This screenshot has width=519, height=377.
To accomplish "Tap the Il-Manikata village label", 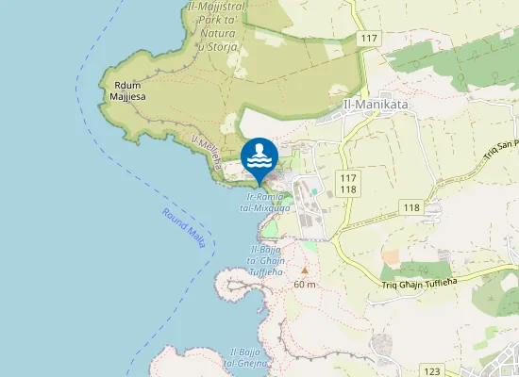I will click(376, 106).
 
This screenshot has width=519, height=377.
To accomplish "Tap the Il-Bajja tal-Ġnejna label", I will click(248, 358).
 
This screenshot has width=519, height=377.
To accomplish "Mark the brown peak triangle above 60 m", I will click(304, 269).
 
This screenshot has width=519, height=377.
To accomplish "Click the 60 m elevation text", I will click(304, 284).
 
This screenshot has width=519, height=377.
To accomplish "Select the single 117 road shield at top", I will click(369, 37).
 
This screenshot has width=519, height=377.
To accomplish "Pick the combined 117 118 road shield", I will click(348, 184).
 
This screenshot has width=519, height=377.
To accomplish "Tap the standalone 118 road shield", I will click(410, 207).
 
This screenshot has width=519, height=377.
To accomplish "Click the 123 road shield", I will click(432, 371).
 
